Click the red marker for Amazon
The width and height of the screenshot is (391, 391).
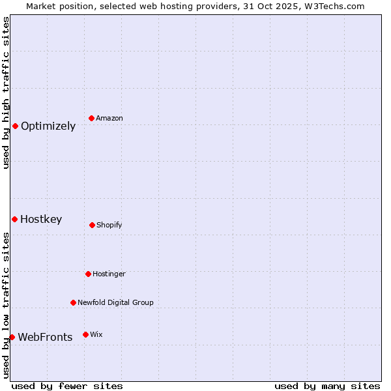click(x=92, y=118)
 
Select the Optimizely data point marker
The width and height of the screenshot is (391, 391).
click(x=15, y=126)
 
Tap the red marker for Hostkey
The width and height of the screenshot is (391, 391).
click(x=14, y=219)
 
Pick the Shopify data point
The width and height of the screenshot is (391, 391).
click(x=92, y=225)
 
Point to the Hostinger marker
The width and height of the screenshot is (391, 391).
click(x=88, y=274)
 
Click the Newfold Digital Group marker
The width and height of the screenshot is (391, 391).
click(x=73, y=302)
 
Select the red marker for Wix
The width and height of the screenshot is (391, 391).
click(x=85, y=334)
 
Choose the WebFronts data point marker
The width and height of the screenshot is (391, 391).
click(x=12, y=337)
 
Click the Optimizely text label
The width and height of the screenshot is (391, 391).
click(x=48, y=126)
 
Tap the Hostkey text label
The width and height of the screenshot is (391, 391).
click(x=41, y=220)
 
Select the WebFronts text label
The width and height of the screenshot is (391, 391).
click(x=45, y=338)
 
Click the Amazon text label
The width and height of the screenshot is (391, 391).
click(x=109, y=119)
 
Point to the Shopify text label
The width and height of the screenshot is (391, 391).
click(x=109, y=225)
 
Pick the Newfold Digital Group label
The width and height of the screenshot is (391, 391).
click(x=116, y=303)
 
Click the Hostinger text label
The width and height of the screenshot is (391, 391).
click(x=109, y=274)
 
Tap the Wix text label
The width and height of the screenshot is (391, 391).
click(x=96, y=335)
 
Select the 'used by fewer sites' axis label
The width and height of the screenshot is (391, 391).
click(x=67, y=386)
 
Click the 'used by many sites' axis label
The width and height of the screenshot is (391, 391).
click(x=327, y=386)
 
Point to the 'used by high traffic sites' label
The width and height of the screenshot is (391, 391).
click(x=6, y=93)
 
